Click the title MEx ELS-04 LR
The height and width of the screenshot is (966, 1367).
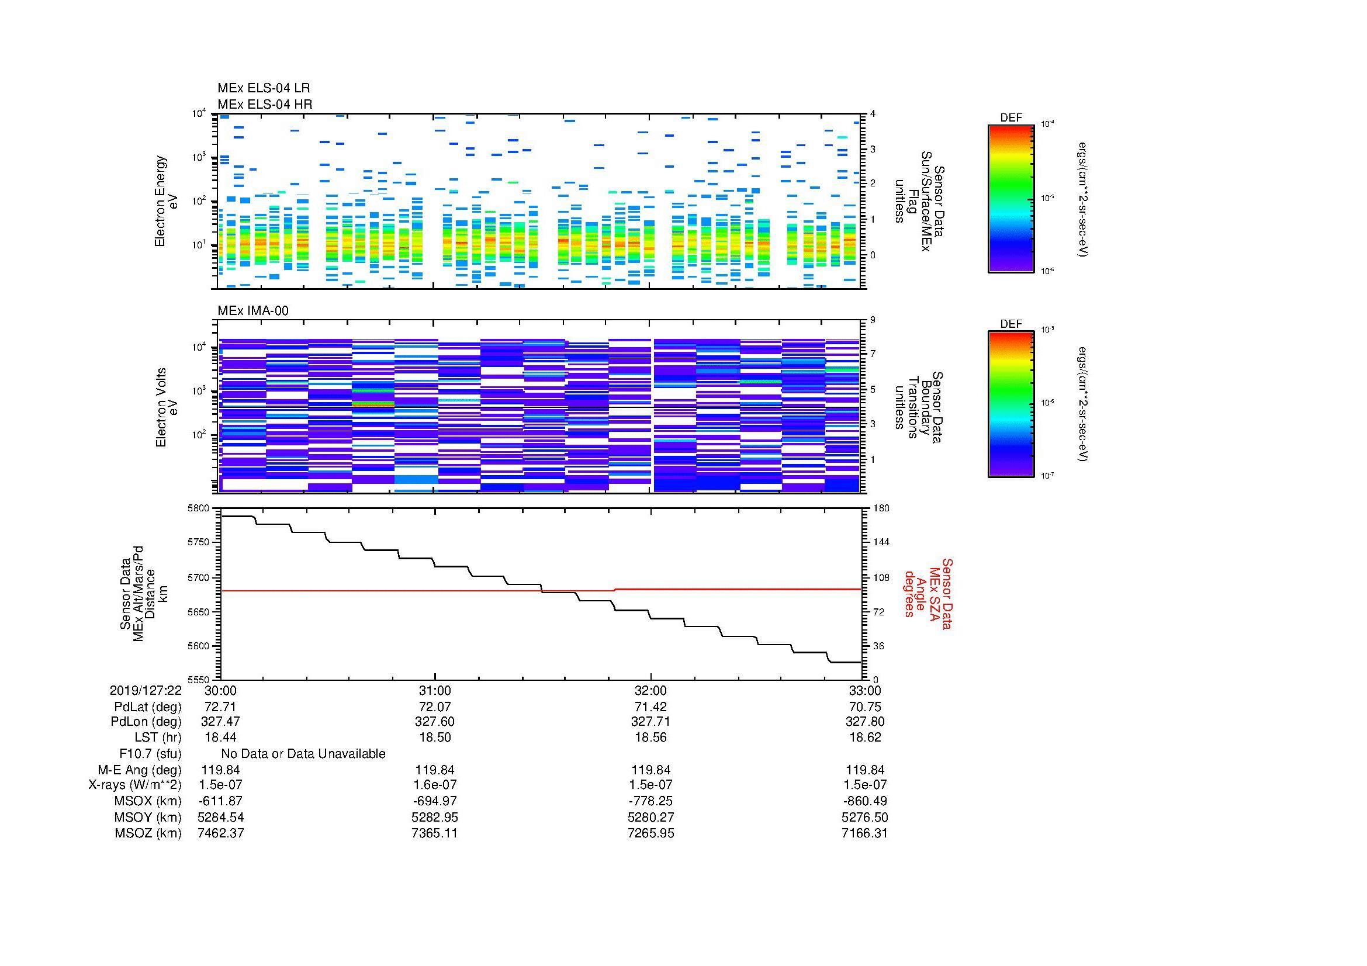(263, 88)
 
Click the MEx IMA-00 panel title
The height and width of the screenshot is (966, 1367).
(252, 311)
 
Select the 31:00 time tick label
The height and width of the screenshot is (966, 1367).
(435, 690)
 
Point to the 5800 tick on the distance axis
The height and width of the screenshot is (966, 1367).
(199, 508)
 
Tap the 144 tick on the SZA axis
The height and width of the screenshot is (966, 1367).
(881, 542)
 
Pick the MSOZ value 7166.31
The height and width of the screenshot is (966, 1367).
(864, 833)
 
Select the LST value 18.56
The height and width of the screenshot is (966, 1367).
(650, 738)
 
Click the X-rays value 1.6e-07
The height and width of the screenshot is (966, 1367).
(435, 785)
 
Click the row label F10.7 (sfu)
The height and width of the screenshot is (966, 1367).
(150, 754)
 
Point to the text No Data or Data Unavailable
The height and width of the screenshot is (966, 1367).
(303, 754)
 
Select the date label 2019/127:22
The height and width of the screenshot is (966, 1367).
(146, 690)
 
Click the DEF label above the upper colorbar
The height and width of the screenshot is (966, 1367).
(1011, 118)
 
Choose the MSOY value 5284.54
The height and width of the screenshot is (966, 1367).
(220, 817)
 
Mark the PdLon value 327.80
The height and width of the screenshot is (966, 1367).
(864, 722)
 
